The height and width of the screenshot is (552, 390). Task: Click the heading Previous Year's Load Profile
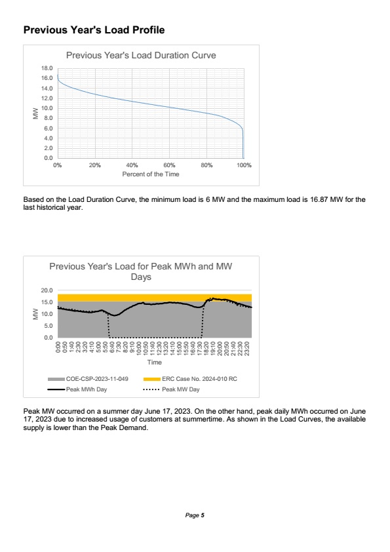[x=94, y=30]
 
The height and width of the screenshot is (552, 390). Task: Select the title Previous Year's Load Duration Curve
[x=141, y=55]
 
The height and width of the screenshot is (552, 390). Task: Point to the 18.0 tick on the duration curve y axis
[x=47, y=68]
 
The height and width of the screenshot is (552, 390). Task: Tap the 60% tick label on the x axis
[x=169, y=165]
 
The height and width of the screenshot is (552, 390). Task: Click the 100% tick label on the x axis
[x=244, y=165]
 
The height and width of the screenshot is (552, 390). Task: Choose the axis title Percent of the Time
[x=151, y=174]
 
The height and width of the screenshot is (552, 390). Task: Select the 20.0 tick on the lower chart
[x=47, y=290]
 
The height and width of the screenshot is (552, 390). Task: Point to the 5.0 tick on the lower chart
[x=49, y=326]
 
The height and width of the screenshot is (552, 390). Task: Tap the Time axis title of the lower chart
[x=155, y=363]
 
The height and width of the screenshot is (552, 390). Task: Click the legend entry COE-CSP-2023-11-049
[x=88, y=379]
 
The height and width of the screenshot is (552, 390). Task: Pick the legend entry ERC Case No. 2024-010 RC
[x=190, y=379]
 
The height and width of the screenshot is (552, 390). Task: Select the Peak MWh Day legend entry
[x=77, y=389]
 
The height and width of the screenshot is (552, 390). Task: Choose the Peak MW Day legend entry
[x=172, y=389]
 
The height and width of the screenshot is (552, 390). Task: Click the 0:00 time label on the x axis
[x=58, y=347]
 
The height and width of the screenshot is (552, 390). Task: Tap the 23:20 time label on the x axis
[x=247, y=349]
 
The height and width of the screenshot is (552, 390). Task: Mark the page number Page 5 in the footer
[x=195, y=515]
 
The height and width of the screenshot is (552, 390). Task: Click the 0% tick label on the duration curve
[x=58, y=165]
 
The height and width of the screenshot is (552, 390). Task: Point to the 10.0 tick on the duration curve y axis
[x=47, y=108]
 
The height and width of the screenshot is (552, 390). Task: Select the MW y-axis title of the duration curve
[x=35, y=113]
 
